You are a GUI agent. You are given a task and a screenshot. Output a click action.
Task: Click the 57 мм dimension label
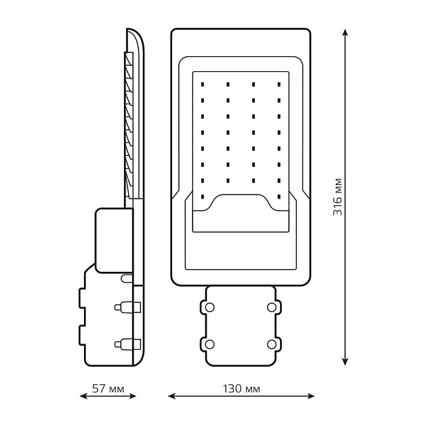click(x=108, y=388)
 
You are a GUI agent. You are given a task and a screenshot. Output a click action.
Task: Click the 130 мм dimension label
click(x=241, y=388)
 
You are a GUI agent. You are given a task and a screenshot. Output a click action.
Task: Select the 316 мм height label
click(x=338, y=197)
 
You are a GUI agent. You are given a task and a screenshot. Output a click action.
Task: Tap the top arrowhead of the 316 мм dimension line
click(x=345, y=33)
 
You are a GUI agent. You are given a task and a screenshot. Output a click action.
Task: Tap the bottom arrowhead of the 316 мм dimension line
click(x=345, y=362)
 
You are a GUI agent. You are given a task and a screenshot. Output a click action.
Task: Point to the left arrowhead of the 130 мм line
click(x=171, y=396)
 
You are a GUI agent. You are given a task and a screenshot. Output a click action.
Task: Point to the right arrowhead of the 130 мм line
click(x=310, y=396)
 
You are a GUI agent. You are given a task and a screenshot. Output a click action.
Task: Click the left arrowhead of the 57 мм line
click(x=83, y=396)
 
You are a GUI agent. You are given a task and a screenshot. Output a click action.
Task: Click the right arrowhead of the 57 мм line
click(x=132, y=396)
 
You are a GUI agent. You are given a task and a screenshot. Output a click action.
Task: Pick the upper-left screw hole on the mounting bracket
click(x=209, y=307)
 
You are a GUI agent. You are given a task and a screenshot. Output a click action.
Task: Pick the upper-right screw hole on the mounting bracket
click(x=272, y=307)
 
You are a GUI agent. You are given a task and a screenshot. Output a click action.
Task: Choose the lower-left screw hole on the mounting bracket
click(x=209, y=344)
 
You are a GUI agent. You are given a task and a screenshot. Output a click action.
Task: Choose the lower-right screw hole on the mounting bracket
click(x=272, y=344)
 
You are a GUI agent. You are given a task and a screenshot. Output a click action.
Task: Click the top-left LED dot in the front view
click(x=203, y=85)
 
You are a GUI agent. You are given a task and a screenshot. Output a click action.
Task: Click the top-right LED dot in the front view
click(x=279, y=85)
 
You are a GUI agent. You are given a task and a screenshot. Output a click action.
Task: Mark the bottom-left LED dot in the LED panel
click(x=203, y=197)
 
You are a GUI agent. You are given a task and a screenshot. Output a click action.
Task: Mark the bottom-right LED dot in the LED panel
click(x=279, y=197)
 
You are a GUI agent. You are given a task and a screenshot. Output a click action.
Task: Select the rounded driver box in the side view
click(x=115, y=241)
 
